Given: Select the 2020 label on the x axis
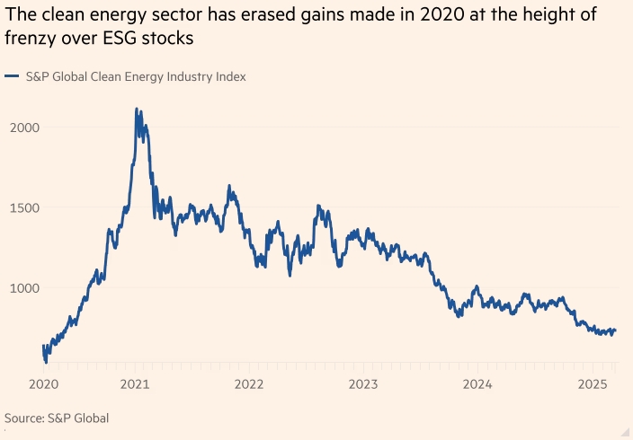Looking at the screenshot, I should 45,384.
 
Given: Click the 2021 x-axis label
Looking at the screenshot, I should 135,384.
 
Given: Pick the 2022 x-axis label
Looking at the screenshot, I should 249,384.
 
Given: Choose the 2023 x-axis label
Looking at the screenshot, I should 363,384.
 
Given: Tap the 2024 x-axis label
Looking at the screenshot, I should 477,384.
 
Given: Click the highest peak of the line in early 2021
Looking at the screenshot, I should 136,109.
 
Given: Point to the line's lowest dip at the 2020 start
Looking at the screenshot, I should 46,361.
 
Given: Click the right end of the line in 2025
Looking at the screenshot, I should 616,330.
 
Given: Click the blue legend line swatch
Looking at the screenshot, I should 12,77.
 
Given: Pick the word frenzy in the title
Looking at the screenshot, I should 30,40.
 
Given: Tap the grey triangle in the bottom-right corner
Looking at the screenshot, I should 624,431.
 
